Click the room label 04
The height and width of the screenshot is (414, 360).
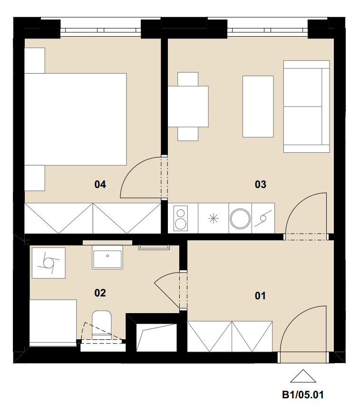click(x=100, y=184)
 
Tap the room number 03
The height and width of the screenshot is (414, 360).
click(x=261, y=184)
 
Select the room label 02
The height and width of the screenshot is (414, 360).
click(x=100, y=293)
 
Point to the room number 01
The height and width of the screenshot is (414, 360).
click(x=260, y=296)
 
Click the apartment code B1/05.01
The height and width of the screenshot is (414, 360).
click(x=303, y=395)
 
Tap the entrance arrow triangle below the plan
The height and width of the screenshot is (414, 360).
click(x=303, y=376)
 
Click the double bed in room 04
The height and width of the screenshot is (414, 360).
click(x=76, y=119)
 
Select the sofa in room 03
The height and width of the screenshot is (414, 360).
click(x=306, y=107)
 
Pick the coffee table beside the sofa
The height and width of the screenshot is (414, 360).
click(x=258, y=107)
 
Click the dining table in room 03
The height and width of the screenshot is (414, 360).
click(x=188, y=107)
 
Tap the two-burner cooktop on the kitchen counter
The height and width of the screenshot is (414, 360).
click(x=181, y=218)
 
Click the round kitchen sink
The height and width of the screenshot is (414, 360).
click(x=240, y=218)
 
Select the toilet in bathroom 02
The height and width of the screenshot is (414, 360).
click(x=102, y=324)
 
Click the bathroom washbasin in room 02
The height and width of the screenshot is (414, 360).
click(x=107, y=257)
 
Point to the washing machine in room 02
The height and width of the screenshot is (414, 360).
click(x=49, y=263)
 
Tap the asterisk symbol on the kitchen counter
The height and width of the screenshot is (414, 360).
click(x=213, y=218)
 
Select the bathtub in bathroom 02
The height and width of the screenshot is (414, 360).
click(x=53, y=323)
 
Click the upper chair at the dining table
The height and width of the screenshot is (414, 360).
click(x=188, y=79)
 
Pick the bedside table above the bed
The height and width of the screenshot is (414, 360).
click(x=35, y=60)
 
